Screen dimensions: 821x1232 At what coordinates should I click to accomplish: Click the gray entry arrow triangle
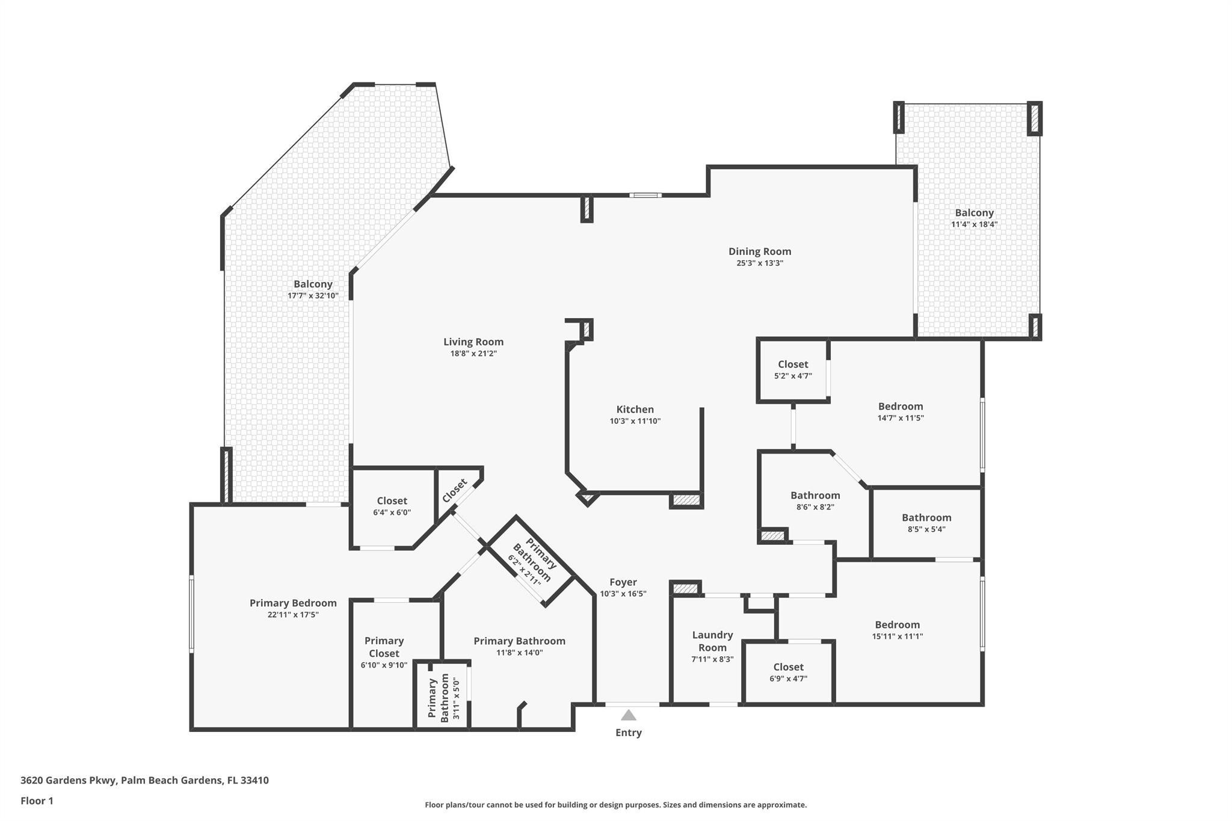click(x=628, y=715)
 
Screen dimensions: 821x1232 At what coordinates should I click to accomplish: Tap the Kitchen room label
click(x=635, y=410)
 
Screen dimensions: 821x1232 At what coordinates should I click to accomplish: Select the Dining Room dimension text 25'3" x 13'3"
click(x=759, y=263)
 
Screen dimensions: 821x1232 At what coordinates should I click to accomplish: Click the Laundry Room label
click(x=712, y=641)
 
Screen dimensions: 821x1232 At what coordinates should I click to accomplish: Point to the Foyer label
click(x=623, y=582)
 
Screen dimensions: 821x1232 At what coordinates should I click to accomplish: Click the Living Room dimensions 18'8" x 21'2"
click(x=473, y=354)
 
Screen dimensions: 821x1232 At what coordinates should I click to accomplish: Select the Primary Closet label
click(x=384, y=647)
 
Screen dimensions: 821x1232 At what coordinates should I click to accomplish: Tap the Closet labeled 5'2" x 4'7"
click(x=793, y=364)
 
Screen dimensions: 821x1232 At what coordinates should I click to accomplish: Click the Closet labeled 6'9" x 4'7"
click(x=788, y=667)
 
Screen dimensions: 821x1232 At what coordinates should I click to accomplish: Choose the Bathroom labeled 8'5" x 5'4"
click(x=926, y=518)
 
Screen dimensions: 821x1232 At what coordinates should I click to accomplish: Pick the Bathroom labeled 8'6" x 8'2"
click(x=815, y=496)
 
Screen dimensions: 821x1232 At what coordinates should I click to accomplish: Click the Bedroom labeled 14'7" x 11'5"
click(x=900, y=407)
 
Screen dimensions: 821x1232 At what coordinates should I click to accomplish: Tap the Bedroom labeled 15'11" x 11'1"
click(x=897, y=625)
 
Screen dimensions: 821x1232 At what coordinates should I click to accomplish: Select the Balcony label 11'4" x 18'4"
click(x=974, y=213)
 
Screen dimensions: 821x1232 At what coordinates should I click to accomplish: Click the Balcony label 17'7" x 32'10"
click(x=313, y=284)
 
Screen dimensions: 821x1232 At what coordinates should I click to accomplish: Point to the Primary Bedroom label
click(x=293, y=603)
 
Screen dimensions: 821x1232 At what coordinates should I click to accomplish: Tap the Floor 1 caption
click(x=37, y=801)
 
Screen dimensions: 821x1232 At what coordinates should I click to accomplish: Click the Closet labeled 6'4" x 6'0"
click(x=392, y=501)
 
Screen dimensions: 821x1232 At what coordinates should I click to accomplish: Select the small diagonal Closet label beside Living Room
click(x=454, y=491)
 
